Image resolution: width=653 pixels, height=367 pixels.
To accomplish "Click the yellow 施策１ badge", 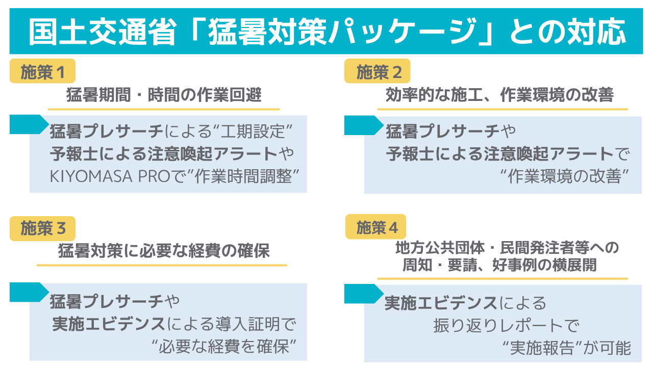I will [42, 73].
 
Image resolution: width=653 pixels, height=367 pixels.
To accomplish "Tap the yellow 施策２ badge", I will [378, 73].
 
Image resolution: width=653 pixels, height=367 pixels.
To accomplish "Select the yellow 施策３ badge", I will [42, 229].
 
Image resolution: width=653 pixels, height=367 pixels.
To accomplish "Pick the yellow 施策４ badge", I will [376, 228].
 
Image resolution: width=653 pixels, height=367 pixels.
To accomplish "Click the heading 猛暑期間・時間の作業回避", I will [164, 95].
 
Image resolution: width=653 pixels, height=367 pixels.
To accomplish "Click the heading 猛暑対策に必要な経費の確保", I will [164, 251].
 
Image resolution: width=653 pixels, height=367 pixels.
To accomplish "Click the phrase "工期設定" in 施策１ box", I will [252, 132].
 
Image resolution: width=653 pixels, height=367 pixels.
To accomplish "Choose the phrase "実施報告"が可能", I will [566, 348].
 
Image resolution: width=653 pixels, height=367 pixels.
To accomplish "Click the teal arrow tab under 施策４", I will [363, 293].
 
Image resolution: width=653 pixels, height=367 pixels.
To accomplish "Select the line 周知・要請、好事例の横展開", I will [499, 266].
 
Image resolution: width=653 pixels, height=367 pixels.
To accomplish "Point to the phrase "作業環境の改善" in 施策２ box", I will [563, 176].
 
